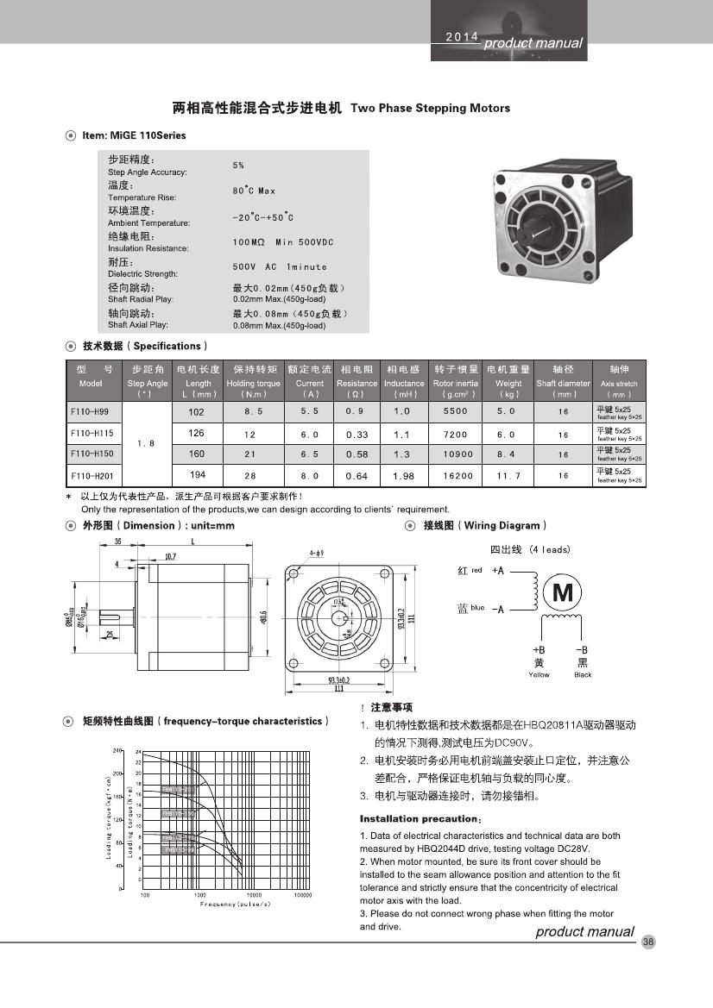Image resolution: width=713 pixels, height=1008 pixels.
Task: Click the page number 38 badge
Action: click(x=649, y=942)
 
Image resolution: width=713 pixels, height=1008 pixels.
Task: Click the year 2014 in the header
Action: click(x=461, y=38)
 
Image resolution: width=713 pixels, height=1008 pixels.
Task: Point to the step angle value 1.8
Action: click(x=147, y=443)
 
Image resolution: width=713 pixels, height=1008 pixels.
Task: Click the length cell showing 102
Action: click(x=197, y=412)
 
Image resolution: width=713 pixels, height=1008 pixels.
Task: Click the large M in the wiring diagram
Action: click(x=563, y=592)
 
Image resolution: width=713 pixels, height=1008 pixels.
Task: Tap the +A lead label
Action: click(x=498, y=571)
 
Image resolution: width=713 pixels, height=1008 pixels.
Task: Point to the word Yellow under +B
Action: click(x=539, y=675)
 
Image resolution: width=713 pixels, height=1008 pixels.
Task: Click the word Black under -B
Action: click(x=583, y=675)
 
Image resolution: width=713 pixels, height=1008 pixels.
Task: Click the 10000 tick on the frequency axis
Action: click(x=254, y=895)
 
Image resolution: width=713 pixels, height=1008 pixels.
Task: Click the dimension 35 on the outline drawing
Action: click(x=117, y=541)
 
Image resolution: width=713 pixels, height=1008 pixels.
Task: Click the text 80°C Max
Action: click(x=254, y=191)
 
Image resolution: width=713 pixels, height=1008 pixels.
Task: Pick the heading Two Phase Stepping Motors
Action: click(x=430, y=109)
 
